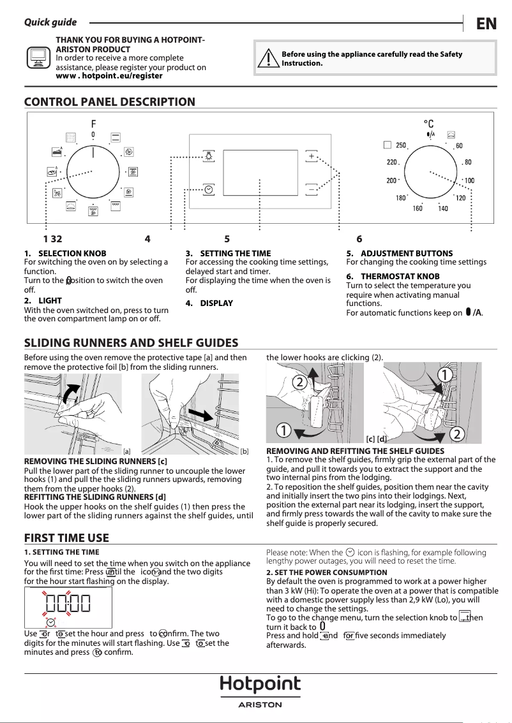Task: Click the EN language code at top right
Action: click(486, 24)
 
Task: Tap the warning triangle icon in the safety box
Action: click(269, 59)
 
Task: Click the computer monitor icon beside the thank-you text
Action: click(38, 58)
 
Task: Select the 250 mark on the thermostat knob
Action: click(400, 146)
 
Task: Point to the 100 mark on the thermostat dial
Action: click(469, 181)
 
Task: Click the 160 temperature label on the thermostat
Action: click(418, 208)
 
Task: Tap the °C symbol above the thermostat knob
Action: click(429, 124)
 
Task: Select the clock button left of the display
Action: click(209, 189)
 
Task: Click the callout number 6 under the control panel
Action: click(359, 239)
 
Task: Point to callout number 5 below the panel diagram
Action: click(227, 239)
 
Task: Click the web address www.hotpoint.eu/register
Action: click(109, 76)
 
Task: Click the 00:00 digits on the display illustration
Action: click(68, 603)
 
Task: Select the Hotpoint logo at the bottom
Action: click(260, 685)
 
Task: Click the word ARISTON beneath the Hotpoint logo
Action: click(260, 705)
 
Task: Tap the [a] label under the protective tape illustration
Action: click(126, 451)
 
